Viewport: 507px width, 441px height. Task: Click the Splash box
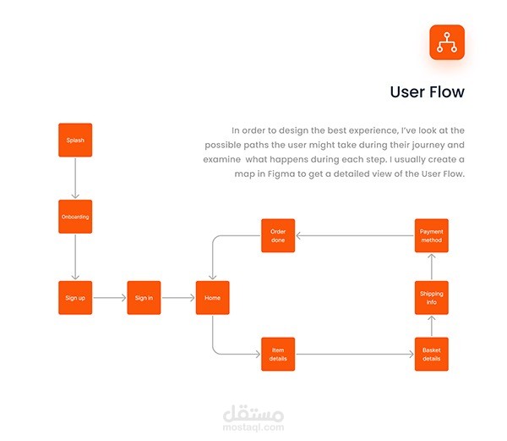[x=75, y=140]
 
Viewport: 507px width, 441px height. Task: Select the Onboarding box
[x=75, y=217]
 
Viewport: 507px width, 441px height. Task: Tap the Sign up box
[x=75, y=298]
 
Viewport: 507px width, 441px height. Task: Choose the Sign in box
[x=144, y=298]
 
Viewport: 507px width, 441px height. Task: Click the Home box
[x=212, y=298]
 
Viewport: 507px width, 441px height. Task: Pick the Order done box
[x=278, y=235]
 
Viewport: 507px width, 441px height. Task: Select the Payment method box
[x=432, y=235]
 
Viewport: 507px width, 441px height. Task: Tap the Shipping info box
[x=432, y=298]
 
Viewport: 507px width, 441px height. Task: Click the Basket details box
[x=432, y=354]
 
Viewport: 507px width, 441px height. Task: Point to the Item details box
[x=278, y=354]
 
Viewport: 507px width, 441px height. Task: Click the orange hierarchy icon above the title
[x=447, y=42]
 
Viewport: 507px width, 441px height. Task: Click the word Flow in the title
[x=447, y=92]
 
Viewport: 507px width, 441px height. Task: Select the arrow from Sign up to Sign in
[x=110, y=298]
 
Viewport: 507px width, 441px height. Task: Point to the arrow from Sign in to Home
[x=178, y=298]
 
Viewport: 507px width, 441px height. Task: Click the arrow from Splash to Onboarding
[x=75, y=178]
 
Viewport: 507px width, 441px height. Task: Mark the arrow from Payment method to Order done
[x=355, y=235]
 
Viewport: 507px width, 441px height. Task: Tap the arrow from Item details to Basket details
[x=355, y=354]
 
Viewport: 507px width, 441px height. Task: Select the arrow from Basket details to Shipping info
[x=432, y=326]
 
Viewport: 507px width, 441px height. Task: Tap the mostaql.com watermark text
[x=253, y=427]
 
